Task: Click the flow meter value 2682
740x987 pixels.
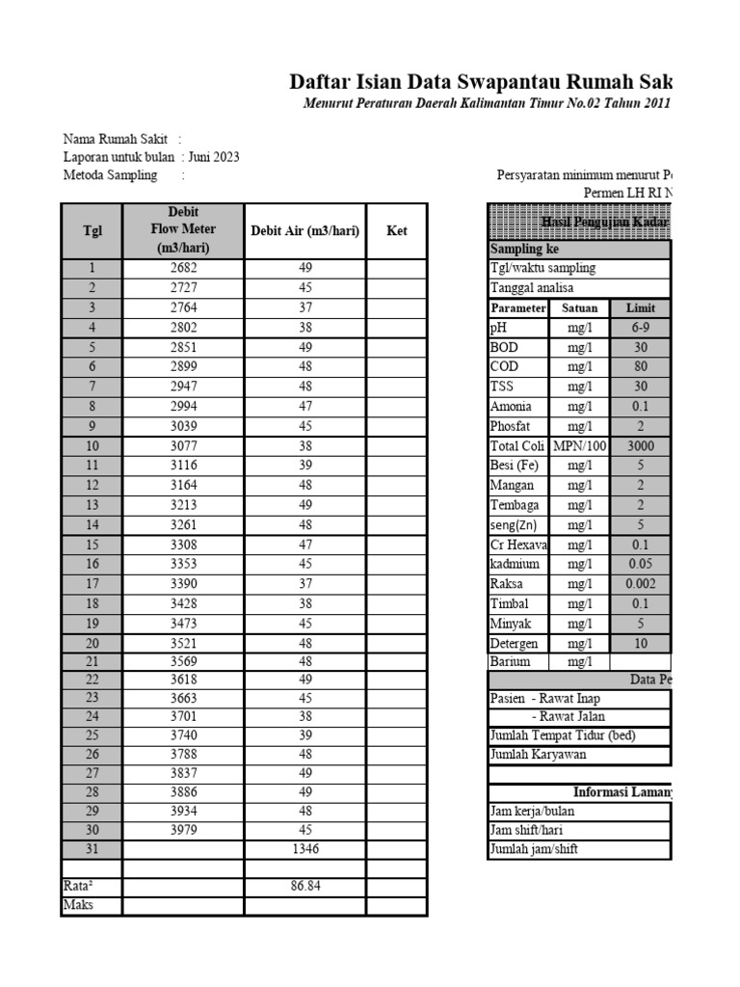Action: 183,268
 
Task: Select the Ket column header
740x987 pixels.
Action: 396,231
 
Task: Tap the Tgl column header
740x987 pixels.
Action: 92,231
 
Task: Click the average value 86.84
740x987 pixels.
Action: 304,886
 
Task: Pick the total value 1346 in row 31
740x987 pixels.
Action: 304,849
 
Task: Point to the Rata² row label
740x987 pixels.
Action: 79,886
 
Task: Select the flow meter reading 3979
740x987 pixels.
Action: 183,830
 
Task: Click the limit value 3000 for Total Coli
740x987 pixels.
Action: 640,446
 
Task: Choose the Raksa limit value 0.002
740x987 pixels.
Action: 640,584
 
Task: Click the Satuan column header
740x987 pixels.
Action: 579,308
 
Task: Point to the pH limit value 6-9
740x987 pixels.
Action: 640,328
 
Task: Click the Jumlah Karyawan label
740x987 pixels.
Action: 538,755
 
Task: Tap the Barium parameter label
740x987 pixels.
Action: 510,662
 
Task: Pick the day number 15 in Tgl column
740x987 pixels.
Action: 92,545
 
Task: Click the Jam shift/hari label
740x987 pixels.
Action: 532,830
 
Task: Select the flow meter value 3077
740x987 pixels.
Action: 183,446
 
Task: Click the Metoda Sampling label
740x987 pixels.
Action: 110,175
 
